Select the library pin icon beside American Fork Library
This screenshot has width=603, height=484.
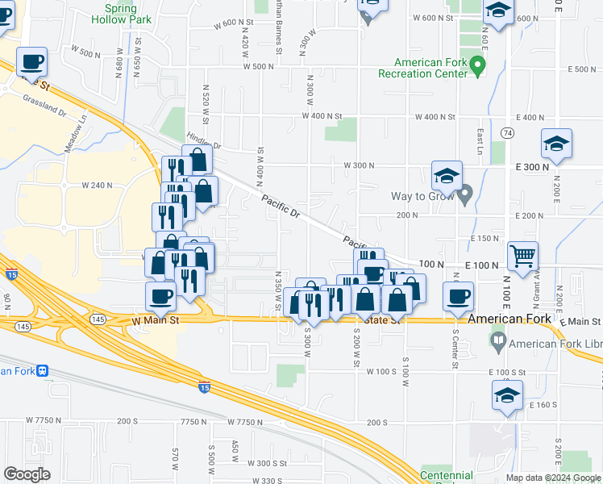(x=499, y=344)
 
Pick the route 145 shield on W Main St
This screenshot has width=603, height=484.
(x=98, y=319)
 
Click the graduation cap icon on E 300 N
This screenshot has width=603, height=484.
(x=556, y=144)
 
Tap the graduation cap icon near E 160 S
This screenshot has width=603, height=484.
(x=506, y=396)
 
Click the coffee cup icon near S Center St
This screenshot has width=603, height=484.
(x=458, y=296)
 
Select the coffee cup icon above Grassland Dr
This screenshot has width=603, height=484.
(x=31, y=61)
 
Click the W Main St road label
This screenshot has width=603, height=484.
(x=154, y=320)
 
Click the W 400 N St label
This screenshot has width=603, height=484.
(x=322, y=117)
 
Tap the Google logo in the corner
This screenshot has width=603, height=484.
(x=27, y=474)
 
